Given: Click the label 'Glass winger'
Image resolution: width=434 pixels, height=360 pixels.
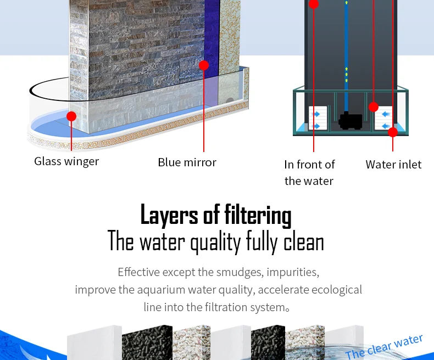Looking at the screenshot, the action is click(x=66, y=161).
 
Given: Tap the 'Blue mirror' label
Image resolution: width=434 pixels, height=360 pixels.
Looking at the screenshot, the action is click(x=187, y=162).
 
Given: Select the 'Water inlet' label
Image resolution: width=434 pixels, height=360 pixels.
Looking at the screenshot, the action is click(x=393, y=165).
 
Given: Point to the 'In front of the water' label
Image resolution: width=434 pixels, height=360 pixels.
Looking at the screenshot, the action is click(x=309, y=172).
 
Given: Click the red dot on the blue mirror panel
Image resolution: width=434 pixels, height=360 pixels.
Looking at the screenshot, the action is click(x=204, y=65).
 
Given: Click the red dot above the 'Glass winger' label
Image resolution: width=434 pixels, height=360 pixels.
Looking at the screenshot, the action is click(x=71, y=116).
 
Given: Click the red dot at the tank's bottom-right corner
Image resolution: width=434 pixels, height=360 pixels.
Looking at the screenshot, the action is click(x=392, y=132).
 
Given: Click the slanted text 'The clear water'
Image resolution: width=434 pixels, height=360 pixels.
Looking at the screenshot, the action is click(x=385, y=345).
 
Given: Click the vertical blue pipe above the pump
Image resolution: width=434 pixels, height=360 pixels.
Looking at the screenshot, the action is click(x=346, y=55).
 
